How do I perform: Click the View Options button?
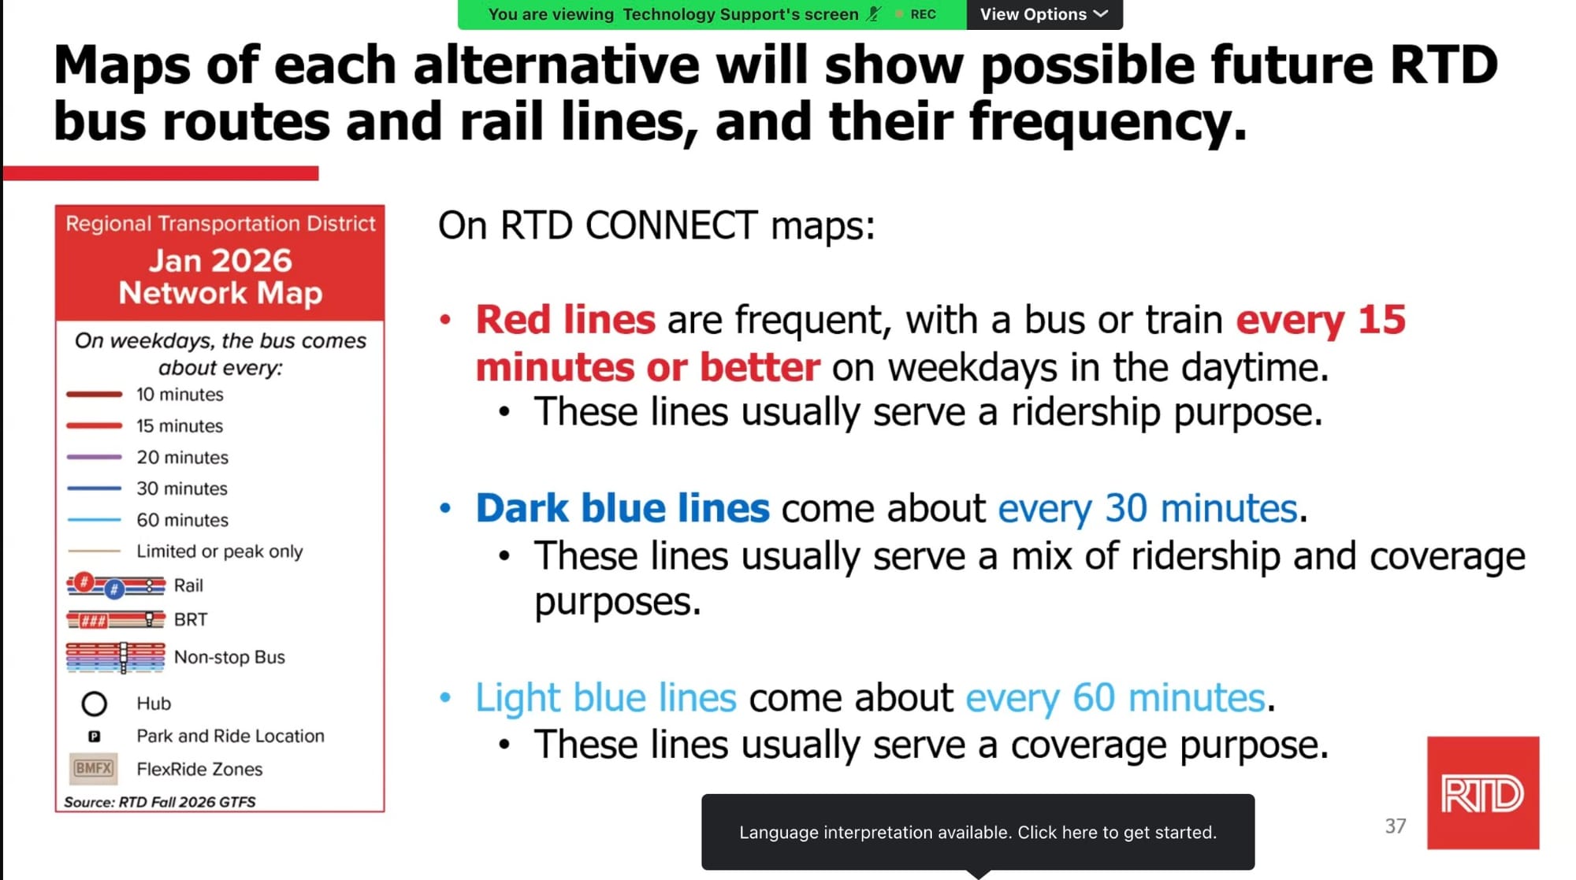pos(1044,14)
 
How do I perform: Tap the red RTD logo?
pos(1482,793)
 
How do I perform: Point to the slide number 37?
pos(1396,826)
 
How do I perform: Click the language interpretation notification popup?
pos(978,832)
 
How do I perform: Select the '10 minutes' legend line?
pos(94,394)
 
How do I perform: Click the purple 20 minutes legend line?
pos(94,457)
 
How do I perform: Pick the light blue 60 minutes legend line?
pos(94,520)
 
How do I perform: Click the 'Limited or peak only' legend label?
pos(219,551)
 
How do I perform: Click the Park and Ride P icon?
pos(94,736)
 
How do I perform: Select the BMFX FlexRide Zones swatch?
pos(94,768)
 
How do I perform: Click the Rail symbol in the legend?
pos(116,585)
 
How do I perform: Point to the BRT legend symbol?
pos(116,619)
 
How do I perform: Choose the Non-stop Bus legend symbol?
pos(116,657)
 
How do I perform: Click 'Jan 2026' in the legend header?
pos(221,261)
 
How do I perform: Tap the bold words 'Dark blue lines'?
pos(623,508)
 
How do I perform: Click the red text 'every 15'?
pos(1321,321)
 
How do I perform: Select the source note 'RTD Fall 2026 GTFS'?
pos(188,802)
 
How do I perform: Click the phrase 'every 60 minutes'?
pos(1115,698)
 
